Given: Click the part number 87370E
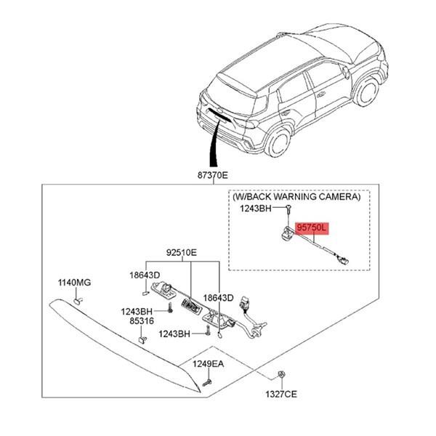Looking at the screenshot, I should pyautogui.click(x=211, y=175).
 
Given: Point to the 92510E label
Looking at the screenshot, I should pyautogui.click(x=180, y=254).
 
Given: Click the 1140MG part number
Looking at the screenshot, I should pyautogui.click(x=74, y=282).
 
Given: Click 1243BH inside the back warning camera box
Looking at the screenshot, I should pyautogui.click(x=256, y=209).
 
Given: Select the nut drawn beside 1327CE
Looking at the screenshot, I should pyautogui.click(x=280, y=376).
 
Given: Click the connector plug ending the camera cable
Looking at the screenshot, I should pyautogui.click(x=344, y=257).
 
